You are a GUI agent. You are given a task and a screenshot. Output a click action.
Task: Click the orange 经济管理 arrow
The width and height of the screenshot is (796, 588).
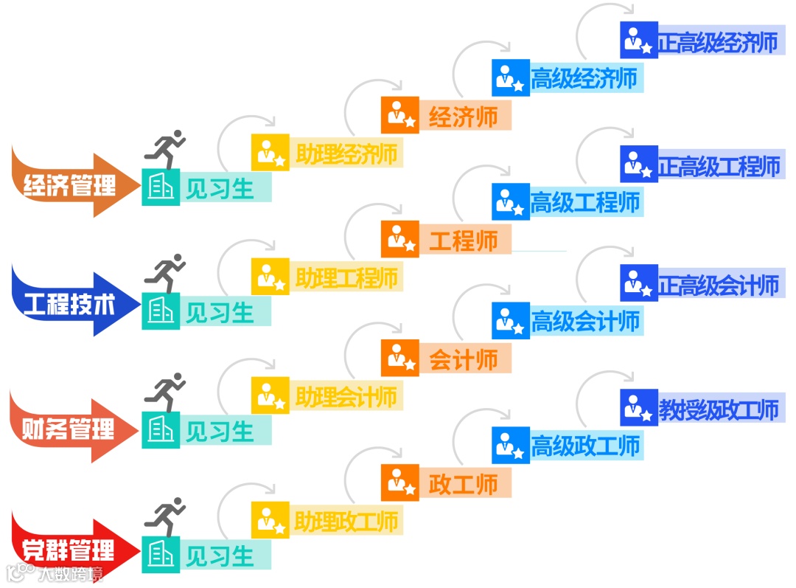tap(70, 184)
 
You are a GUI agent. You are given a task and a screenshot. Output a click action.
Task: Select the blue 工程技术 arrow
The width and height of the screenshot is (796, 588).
tap(70, 305)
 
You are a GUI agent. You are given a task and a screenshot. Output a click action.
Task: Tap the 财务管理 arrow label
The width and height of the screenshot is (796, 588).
tap(70, 429)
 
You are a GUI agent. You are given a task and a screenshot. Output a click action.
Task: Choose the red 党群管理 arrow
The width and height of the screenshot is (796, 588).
tap(70, 550)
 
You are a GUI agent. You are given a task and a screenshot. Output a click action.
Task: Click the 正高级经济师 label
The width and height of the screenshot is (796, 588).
tap(718, 43)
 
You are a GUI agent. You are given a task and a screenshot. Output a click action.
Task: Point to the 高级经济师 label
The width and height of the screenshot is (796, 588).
tap(584, 77)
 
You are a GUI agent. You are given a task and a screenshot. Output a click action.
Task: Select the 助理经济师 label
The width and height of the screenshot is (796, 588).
tap(346, 153)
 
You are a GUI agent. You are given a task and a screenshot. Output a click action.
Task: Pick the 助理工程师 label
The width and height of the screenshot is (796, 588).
tap(346, 277)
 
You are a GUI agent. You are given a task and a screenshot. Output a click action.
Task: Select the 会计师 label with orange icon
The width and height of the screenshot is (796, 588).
tap(463, 359)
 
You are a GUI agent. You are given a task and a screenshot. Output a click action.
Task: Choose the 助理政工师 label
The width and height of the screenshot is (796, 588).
tap(346, 521)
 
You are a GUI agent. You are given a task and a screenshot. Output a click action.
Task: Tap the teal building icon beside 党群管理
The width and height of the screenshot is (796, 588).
tap(161, 555)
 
